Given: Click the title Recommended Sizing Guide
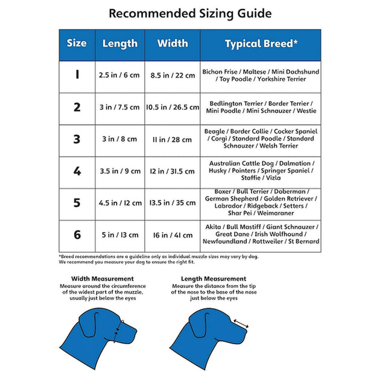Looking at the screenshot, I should tap(190, 13).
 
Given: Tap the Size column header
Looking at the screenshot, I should tap(77, 43).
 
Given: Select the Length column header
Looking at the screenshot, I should tap(119, 43).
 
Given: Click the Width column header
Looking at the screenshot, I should tap(172, 43).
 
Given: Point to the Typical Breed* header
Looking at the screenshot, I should tap(261, 43).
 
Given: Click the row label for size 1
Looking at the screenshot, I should tap(77, 75).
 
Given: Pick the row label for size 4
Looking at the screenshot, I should tap(77, 171).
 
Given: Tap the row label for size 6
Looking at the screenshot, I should tap(77, 235).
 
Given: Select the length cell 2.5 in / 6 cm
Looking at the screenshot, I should tap(119, 75).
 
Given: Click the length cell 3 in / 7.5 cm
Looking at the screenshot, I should tap(119, 107).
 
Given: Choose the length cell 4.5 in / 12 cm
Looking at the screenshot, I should tap(119, 203).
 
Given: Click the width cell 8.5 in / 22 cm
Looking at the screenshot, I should tap(172, 75).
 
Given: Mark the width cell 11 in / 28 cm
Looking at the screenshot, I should tap(172, 139).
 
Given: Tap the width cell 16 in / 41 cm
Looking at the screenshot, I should tap(172, 235).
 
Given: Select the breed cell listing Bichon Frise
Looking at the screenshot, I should tap(261, 75).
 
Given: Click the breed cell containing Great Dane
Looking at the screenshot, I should tap(261, 234).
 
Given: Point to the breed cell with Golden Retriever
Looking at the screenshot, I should tap(261, 202).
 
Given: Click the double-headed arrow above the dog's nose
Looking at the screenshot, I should tap(241, 325).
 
